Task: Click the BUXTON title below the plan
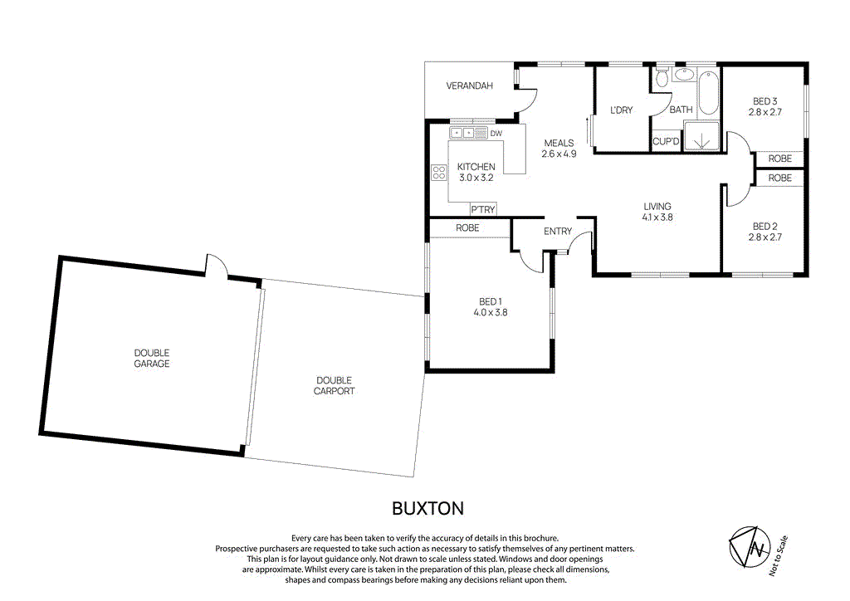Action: [x=427, y=507]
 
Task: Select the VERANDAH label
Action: [x=470, y=86]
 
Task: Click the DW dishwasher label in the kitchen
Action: [x=496, y=133]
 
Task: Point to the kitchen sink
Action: [x=462, y=133]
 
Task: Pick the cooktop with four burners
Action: [x=439, y=173]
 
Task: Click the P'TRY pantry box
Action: [x=483, y=209]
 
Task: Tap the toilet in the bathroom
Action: [x=662, y=80]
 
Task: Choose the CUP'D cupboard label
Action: [x=666, y=142]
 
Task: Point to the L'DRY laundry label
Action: [x=622, y=110]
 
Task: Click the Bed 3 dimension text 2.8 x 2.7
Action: [x=765, y=111]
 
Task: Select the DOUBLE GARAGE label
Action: [x=152, y=358]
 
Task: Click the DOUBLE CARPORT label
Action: [x=335, y=385]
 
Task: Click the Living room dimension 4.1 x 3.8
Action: [x=657, y=217]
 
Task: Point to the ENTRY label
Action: [x=558, y=231]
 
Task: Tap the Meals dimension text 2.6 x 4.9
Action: [x=559, y=154]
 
